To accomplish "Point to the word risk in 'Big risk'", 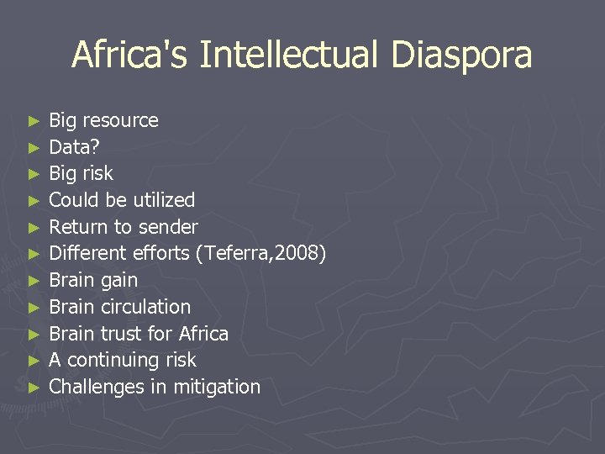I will pyautogui.click(x=98, y=174).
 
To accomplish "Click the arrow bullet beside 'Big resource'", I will pyautogui.click(x=34, y=121).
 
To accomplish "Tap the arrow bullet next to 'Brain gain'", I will pyautogui.click(x=34, y=281).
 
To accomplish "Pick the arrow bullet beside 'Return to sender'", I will pyautogui.click(x=34, y=228).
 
